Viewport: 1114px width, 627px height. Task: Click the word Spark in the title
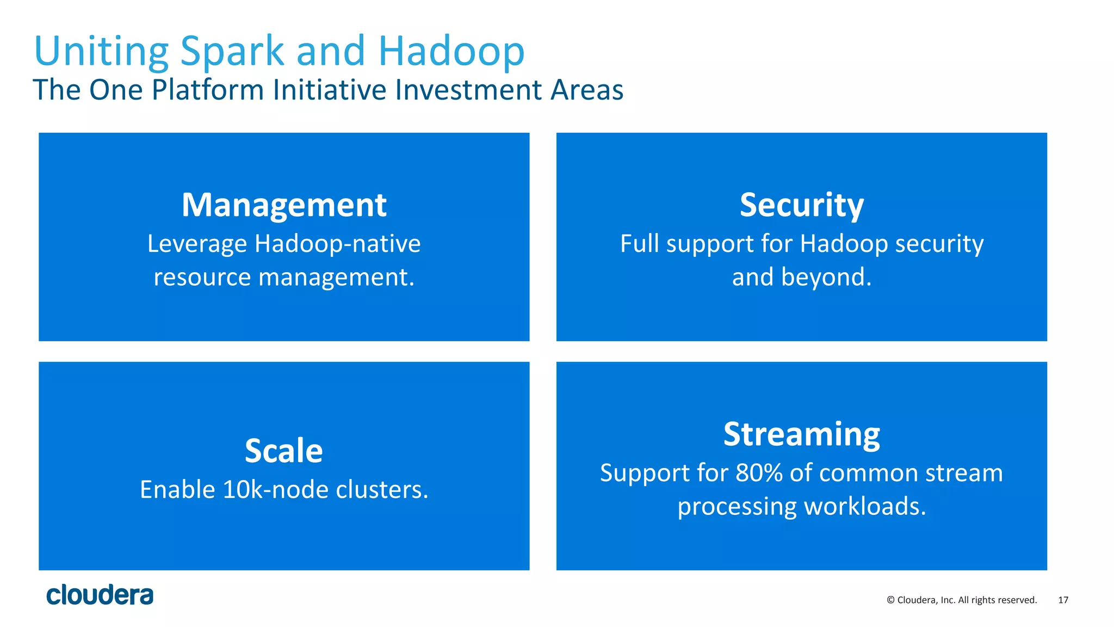tap(232, 52)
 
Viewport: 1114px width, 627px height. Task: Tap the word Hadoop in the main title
tap(451, 52)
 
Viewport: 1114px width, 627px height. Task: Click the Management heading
tap(284, 205)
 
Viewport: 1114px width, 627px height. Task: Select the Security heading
tap(801, 205)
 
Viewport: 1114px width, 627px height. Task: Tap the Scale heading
tap(284, 451)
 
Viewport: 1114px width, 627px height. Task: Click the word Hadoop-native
tap(337, 244)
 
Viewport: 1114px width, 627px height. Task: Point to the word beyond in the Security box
tap(826, 277)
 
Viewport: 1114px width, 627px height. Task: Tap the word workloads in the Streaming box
tap(865, 506)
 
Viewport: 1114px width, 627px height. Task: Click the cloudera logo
tap(100, 595)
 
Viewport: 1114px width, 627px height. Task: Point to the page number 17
tap(1063, 600)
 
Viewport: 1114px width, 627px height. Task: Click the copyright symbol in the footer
tap(890, 600)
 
